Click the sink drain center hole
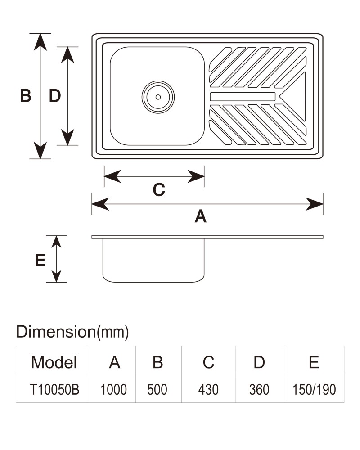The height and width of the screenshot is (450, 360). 158,97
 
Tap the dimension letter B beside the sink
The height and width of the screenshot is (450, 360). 26,95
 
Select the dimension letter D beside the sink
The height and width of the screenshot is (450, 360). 55,95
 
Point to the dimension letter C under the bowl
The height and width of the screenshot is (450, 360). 159,190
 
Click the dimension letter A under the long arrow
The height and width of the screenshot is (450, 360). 200,216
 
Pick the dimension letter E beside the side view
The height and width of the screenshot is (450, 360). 40,260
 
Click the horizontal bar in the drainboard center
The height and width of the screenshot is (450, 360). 243,97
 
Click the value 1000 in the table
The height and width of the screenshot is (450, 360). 113,389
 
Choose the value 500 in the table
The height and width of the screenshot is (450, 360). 157,389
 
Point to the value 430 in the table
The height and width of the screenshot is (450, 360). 208,389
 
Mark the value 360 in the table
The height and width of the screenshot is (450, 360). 259,389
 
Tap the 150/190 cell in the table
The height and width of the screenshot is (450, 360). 314,389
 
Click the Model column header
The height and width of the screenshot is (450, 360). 54,362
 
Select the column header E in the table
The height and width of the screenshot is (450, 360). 314,362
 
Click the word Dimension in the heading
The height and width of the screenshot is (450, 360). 56,332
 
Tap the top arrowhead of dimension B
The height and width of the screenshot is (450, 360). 40,42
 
